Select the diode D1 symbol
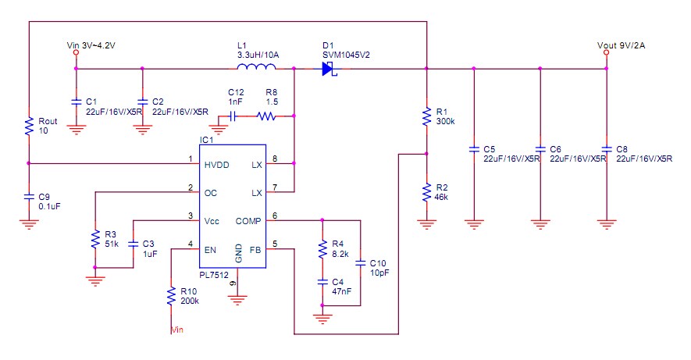tap(329, 70)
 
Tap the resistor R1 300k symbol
tap(426, 116)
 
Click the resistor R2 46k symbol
tap(426, 191)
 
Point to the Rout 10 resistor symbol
tap(28, 126)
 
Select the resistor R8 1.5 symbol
tap(267, 117)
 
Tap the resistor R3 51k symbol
tap(94, 238)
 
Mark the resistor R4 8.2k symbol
tap(321, 249)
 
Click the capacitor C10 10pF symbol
tap(360, 262)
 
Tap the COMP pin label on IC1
tap(248, 222)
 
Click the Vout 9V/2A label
tap(621, 46)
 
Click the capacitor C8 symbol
tap(606, 148)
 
